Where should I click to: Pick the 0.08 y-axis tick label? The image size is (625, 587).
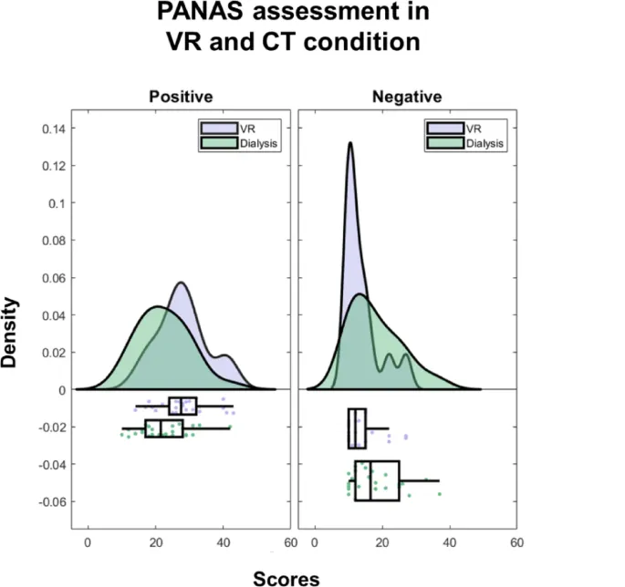point(53,241)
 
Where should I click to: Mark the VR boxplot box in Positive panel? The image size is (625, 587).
point(182,406)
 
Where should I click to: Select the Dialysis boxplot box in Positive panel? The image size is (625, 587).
point(164,428)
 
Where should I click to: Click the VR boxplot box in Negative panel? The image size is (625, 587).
point(357,428)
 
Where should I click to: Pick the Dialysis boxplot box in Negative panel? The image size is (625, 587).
point(377,480)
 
